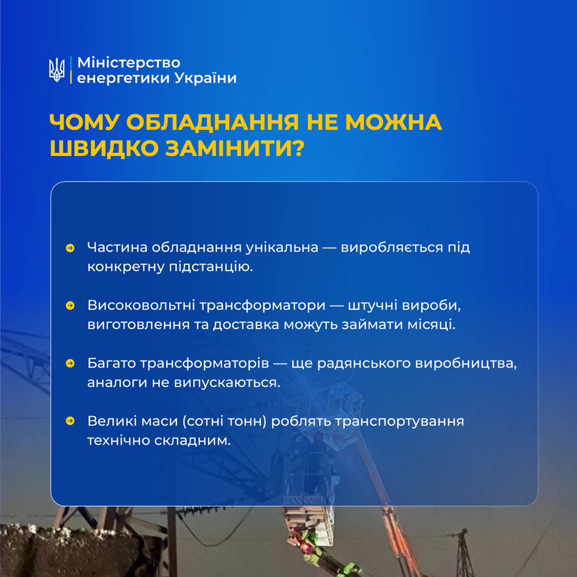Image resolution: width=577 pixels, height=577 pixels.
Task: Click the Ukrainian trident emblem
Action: coord(57,70)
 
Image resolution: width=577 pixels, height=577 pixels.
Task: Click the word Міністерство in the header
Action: coord(129,63)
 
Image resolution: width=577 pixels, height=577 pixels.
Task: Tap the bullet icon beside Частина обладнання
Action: coord(70,248)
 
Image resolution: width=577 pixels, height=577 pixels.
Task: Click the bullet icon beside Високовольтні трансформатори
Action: coord(70,306)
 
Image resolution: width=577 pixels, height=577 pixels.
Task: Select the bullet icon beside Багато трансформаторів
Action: coord(70,364)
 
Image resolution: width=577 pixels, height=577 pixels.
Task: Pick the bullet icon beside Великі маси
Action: coord(70,421)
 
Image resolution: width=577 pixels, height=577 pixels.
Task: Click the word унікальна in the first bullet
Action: coord(282,247)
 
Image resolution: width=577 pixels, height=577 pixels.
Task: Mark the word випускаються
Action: coord(227,383)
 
